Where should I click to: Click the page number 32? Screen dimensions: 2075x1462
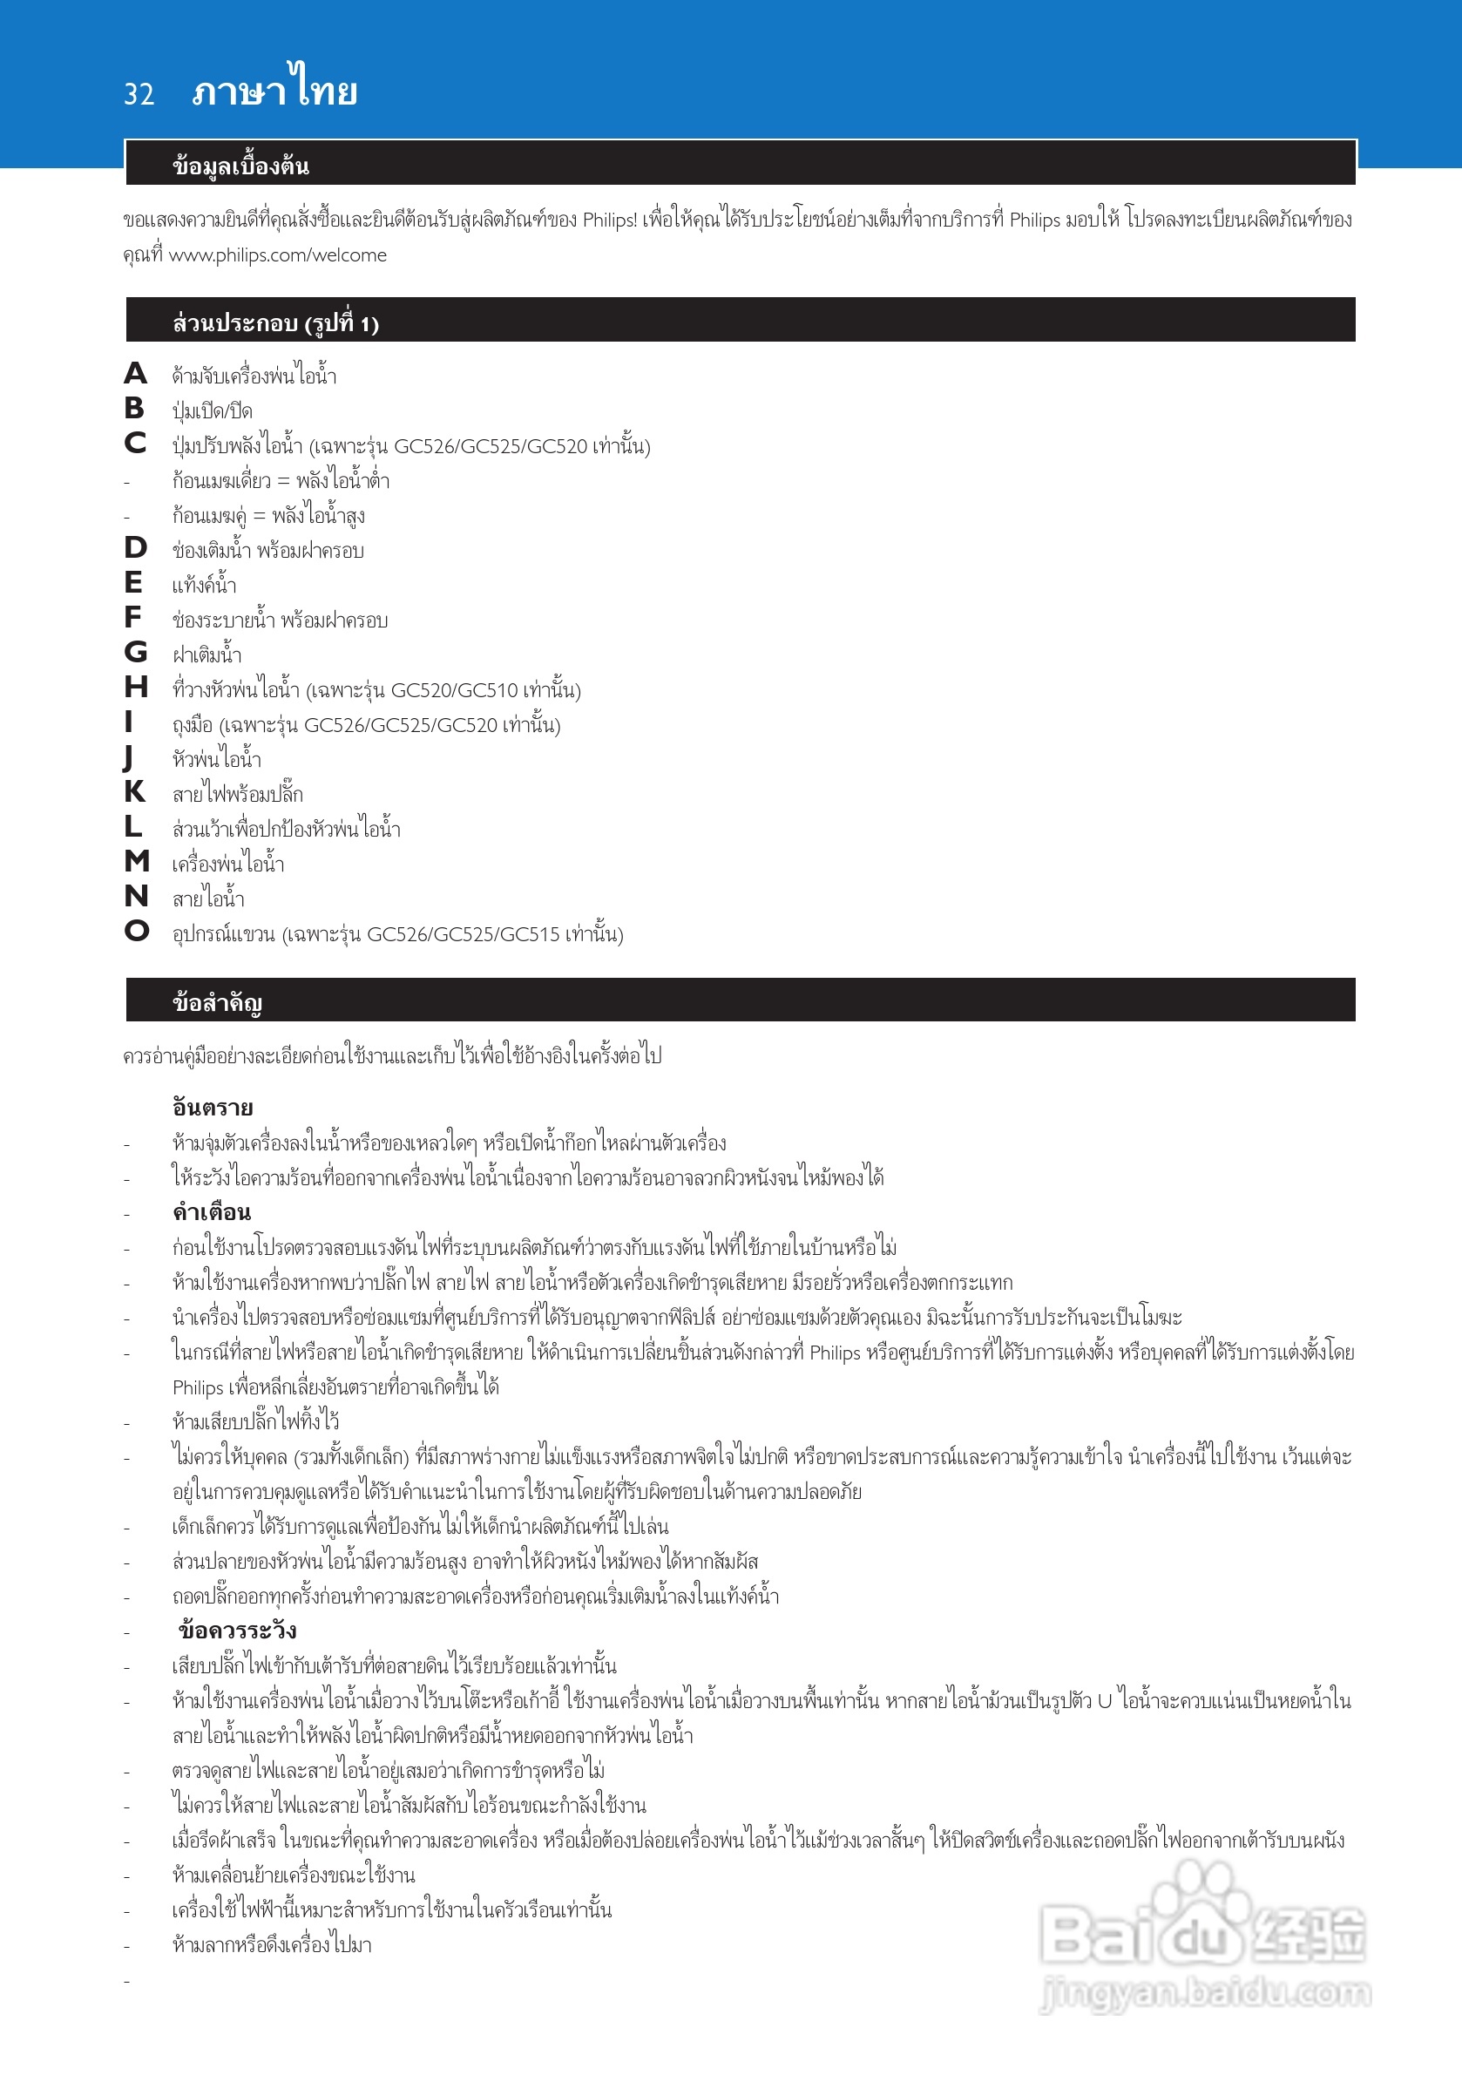tap(139, 94)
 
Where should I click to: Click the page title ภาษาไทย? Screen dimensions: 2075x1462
tap(274, 91)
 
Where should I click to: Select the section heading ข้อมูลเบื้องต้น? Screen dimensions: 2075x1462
tap(240, 166)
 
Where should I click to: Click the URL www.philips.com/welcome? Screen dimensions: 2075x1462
tap(277, 255)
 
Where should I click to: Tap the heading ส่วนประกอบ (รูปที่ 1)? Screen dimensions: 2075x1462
tap(274, 322)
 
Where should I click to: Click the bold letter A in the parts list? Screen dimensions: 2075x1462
tap(136, 373)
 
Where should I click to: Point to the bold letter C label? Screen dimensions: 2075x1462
tap(136, 443)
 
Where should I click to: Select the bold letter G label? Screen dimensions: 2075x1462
tap(136, 652)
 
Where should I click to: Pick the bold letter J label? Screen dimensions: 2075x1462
tap(128, 757)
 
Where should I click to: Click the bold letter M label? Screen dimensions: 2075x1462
tap(137, 861)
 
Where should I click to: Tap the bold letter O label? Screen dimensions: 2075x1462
tap(137, 931)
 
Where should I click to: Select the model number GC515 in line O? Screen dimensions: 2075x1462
tap(529, 934)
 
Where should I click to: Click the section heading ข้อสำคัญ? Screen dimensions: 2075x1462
tap(217, 1002)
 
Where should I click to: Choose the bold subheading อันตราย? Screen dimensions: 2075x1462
tap(213, 1107)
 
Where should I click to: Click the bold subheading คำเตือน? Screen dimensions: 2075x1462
tap(212, 1212)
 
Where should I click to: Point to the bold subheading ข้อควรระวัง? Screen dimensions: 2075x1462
tap(237, 1631)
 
